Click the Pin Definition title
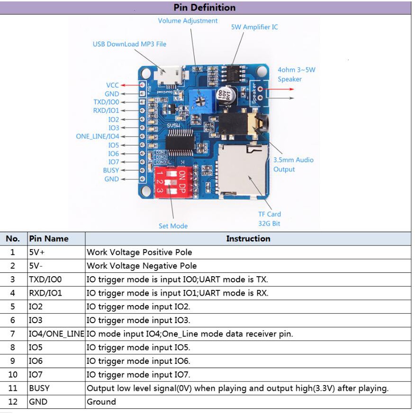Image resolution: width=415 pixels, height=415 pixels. pos(204,8)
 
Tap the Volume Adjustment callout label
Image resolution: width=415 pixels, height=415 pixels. pos(188,21)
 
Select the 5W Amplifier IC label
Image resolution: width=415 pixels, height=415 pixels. pos(254,27)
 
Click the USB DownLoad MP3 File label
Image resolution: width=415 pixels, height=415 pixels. pos(129,44)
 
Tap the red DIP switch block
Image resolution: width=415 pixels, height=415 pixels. pos(173,181)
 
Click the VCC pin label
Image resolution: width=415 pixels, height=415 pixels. pos(113,85)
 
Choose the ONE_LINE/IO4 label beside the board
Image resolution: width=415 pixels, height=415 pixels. pos(98,136)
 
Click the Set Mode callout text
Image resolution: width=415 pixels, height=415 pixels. pos(173,226)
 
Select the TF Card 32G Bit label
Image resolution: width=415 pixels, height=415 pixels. pos(269,218)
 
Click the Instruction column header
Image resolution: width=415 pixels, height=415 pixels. pos(248,238)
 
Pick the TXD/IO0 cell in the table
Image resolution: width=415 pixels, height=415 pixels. pos(45,280)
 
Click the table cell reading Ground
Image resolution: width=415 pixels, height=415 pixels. pos(101,402)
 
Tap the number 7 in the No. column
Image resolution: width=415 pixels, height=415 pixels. pos(13,334)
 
